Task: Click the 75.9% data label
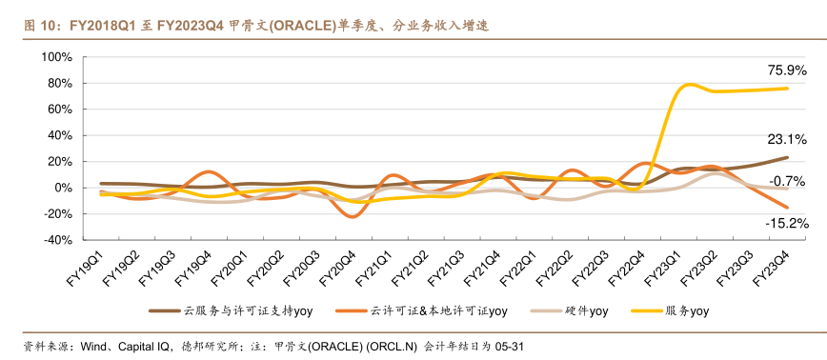click(x=787, y=70)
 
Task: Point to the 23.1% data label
click(x=787, y=139)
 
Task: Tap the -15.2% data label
click(x=786, y=223)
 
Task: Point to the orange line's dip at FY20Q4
click(x=353, y=217)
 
